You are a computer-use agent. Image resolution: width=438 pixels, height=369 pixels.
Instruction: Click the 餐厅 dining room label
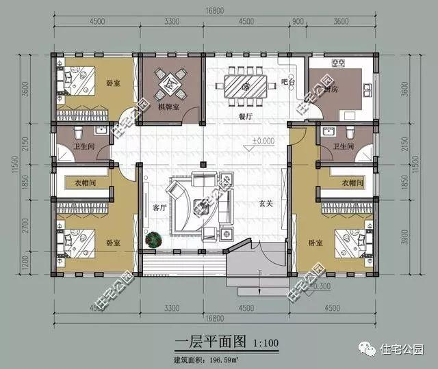(246, 117)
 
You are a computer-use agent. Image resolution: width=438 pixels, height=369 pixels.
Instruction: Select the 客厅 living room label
(159, 208)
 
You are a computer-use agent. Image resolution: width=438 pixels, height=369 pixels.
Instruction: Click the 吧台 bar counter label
(288, 83)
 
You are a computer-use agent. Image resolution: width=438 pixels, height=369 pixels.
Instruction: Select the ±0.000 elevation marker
(262, 141)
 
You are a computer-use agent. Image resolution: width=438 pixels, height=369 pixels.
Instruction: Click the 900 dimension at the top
(298, 21)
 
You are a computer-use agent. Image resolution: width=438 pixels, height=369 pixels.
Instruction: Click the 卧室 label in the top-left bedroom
(112, 83)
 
